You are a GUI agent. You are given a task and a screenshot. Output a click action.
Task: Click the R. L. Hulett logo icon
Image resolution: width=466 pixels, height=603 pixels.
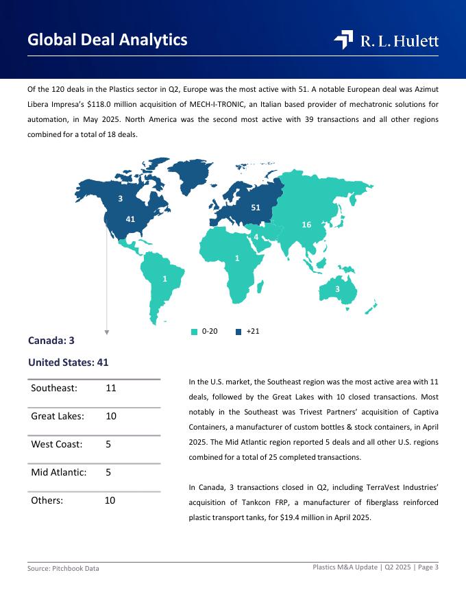pyautogui.click(x=343, y=40)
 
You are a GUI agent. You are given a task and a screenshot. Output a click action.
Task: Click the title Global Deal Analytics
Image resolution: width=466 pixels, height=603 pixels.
pyautogui.click(x=108, y=40)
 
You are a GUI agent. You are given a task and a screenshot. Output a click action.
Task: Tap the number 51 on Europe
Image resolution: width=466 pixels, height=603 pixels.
pyautogui.click(x=256, y=207)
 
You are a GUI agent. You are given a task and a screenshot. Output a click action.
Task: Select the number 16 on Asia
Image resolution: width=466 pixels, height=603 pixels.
pyautogui.click(x=306, y=225)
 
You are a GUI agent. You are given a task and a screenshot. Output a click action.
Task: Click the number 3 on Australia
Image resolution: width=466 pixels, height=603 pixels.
pyautogui.click(x=337, y=289)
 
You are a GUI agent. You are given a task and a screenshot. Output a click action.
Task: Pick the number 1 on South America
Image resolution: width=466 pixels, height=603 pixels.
pyautogui.click(x=164, y=279)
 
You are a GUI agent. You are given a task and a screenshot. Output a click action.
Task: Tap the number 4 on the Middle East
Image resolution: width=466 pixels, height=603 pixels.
pyautogui.click(x=256, y=237)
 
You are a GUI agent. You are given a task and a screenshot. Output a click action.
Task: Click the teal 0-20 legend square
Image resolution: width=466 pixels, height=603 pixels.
pyautogui.click(x=194, y=332)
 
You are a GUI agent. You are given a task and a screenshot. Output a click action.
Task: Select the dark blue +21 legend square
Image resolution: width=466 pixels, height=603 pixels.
pyautogui.click(x=238, y=332)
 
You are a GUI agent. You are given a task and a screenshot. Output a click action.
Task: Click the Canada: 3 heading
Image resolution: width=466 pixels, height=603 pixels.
pyautogui.click(x=51, y=341)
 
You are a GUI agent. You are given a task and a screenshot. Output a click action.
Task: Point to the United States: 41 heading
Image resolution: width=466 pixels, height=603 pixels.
pyautogui.click(x=68, y=362)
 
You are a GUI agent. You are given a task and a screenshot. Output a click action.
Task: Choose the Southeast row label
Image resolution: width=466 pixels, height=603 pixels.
pyautogui.click(x=54, y=388)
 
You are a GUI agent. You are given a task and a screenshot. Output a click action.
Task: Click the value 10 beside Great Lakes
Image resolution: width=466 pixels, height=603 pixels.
pyautogui.click(x=111, y=416)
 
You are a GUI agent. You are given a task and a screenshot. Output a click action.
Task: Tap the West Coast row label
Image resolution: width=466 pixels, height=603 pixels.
pyautogui.click(x=57, y=444)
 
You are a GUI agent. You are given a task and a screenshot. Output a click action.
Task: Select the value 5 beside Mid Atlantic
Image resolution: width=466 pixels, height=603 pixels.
pyautogui.click(x=109, y=472)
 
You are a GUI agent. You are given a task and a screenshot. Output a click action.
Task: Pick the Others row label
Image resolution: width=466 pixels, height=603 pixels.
pyautogui.click(x=47, y=500)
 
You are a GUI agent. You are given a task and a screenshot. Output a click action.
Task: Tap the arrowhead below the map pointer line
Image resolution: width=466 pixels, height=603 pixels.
pyautogui.click(x=107, y=332)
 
